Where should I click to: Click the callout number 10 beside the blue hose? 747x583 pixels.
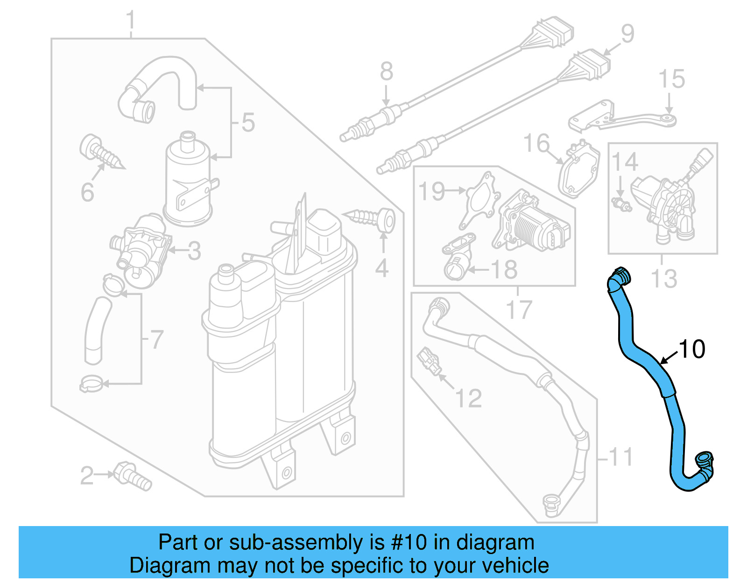point(692,349)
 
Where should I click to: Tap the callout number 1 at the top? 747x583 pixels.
point(131,21)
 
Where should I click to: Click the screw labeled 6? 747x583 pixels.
point(100,152)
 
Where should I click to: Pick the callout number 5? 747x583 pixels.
point(248,122)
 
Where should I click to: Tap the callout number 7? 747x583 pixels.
point(157,339)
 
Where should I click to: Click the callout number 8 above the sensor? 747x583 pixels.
point(386,71)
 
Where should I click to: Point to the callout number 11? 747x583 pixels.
point(621,457)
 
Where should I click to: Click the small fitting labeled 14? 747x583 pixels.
point(621,204)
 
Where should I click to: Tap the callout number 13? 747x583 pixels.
point(663,279)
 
